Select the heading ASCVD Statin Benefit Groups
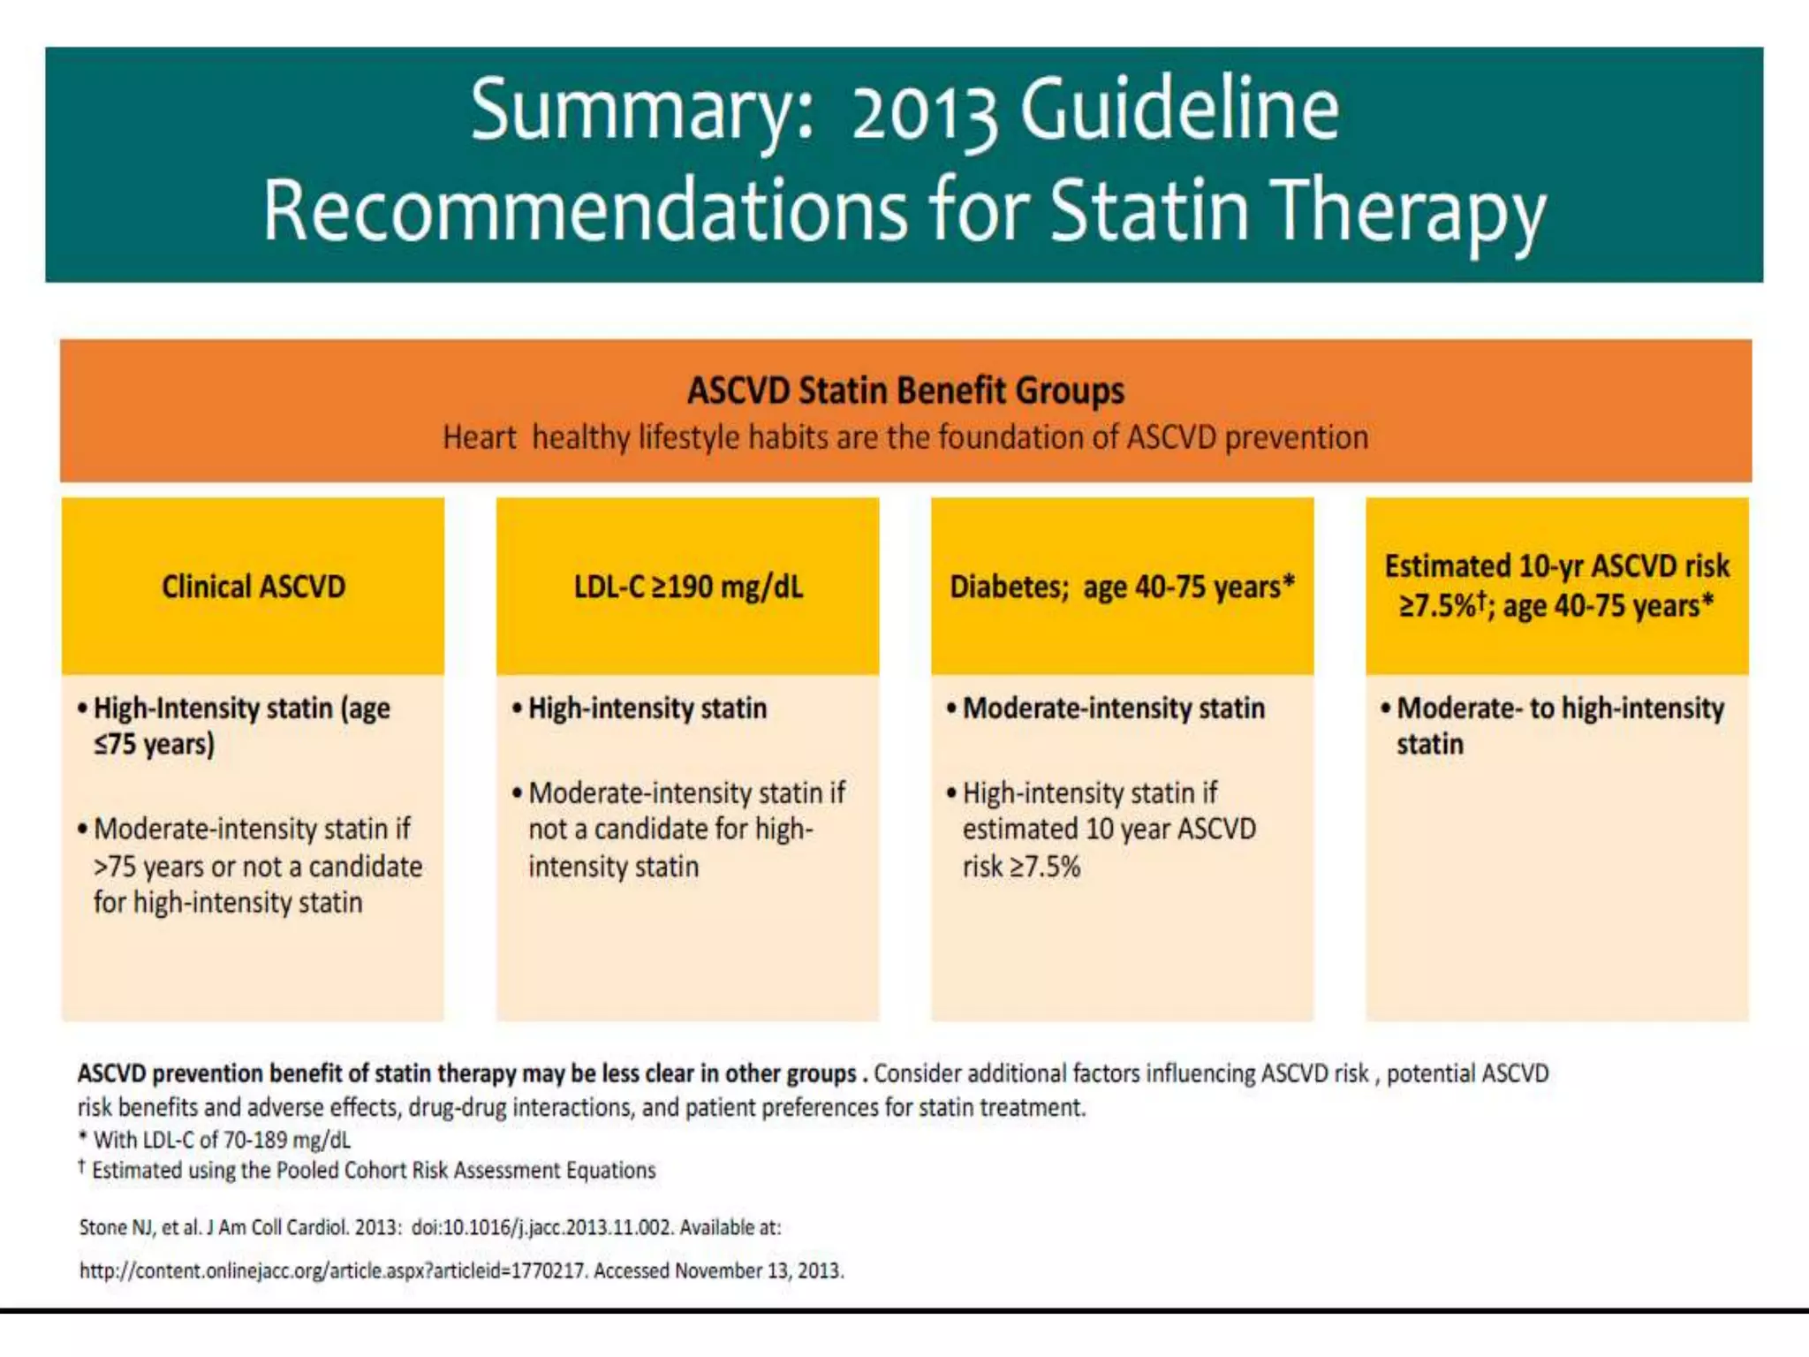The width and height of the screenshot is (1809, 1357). pyautogui.click(x=905, y=390)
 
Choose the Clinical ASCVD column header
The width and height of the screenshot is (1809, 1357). pyautogui.click(x=254, y=587)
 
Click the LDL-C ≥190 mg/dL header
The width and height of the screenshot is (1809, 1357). pyautogui.click(x=688, y=587)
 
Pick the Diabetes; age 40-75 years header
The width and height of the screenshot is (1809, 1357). pyautogui.click(x=1122, y=587)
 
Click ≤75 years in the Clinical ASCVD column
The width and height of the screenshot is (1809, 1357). pyautogui.click(x=154, y=745)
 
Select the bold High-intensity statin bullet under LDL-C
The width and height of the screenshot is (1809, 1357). pyautogui.click(x=647, y=709)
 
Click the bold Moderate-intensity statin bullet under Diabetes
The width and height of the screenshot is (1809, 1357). pyautogui.click(x=1113, y=709)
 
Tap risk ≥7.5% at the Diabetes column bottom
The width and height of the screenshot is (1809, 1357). pyautogui.click(x=1021, y=867)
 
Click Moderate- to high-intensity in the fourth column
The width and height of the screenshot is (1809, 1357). pyautogui.click(x=1560, y=709)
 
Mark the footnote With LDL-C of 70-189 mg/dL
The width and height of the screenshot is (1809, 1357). pyautogui.click(x=221, y=1140)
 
